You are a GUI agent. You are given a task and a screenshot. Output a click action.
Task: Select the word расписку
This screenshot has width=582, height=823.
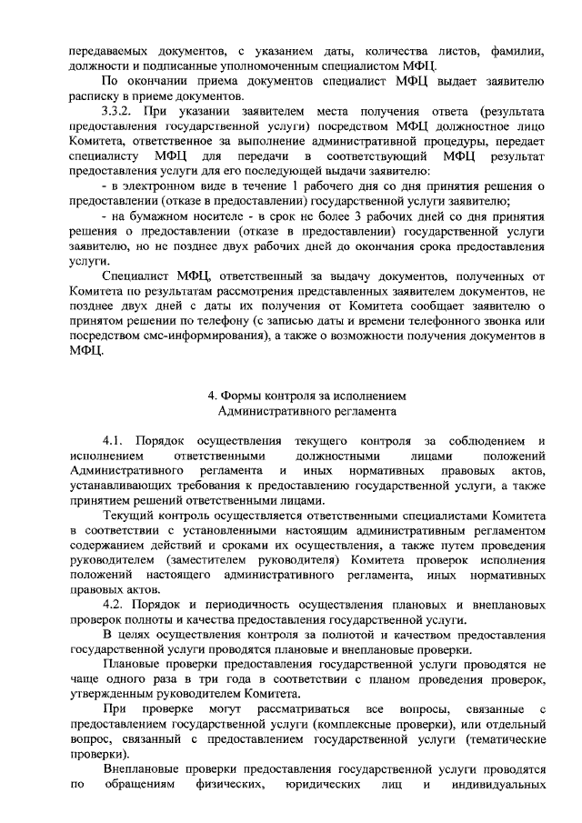[x=95, y=96]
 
